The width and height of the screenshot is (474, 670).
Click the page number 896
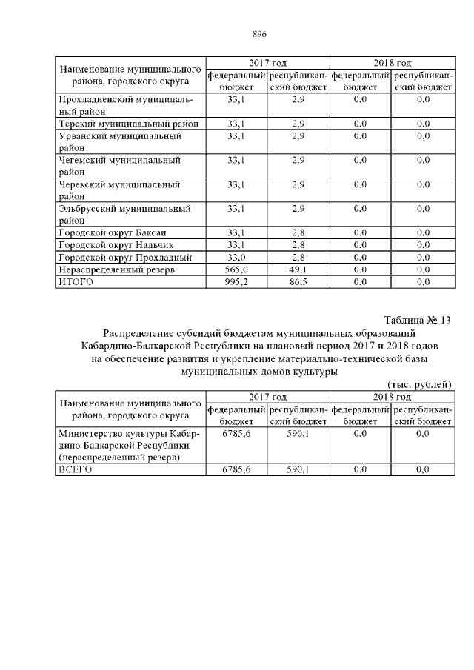[258, 34]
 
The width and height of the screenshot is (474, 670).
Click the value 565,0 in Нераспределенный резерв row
[236, 269]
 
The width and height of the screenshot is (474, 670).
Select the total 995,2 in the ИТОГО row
[236, 281]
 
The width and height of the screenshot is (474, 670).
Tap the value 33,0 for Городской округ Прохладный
[236, 257]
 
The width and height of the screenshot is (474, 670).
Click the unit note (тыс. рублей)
[419, 383]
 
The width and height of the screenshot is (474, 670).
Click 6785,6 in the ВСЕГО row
[236, 469]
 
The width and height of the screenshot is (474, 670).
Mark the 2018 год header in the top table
[393, 63]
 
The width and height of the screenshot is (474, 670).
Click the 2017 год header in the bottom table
[267, 398]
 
